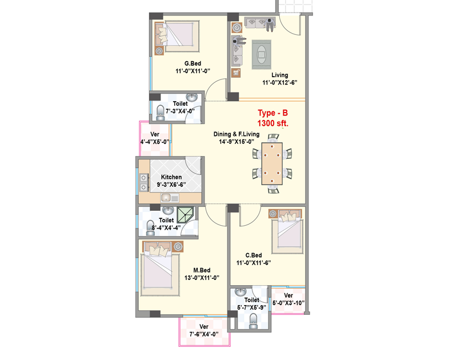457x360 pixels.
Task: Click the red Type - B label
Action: [272, 113]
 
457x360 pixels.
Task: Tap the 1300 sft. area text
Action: [273, 123]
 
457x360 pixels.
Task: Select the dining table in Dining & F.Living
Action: [272, 163]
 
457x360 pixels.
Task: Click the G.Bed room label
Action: [193, 63]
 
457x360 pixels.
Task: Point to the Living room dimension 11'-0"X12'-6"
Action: [280, 82]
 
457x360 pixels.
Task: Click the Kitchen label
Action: [171, 177]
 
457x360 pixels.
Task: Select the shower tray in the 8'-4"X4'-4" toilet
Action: [185, 215]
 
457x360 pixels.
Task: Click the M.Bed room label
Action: [202, 270]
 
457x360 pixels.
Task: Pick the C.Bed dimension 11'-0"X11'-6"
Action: [254, 263]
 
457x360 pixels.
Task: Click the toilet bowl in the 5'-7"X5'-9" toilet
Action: [253, 321]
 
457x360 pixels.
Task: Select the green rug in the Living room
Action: [262, 54]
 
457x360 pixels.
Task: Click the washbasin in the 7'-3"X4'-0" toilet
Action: [191, 97]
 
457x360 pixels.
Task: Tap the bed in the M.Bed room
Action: [160, 269]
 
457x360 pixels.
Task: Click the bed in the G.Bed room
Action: [178, 37]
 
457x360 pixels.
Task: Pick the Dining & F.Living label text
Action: [236, 134]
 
